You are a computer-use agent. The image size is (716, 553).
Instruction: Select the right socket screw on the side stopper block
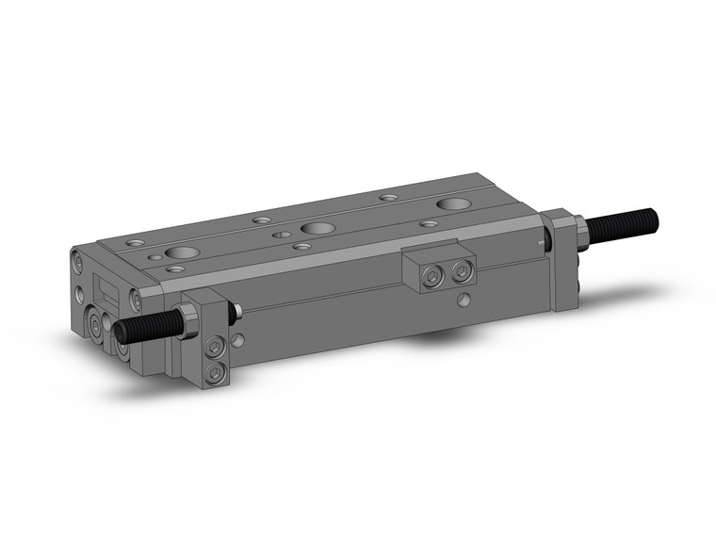[x=460, y=272]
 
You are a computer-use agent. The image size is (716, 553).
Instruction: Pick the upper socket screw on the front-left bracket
[x=215, y=348]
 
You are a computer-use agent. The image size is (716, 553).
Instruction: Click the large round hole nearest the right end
[x=456, y=203]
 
